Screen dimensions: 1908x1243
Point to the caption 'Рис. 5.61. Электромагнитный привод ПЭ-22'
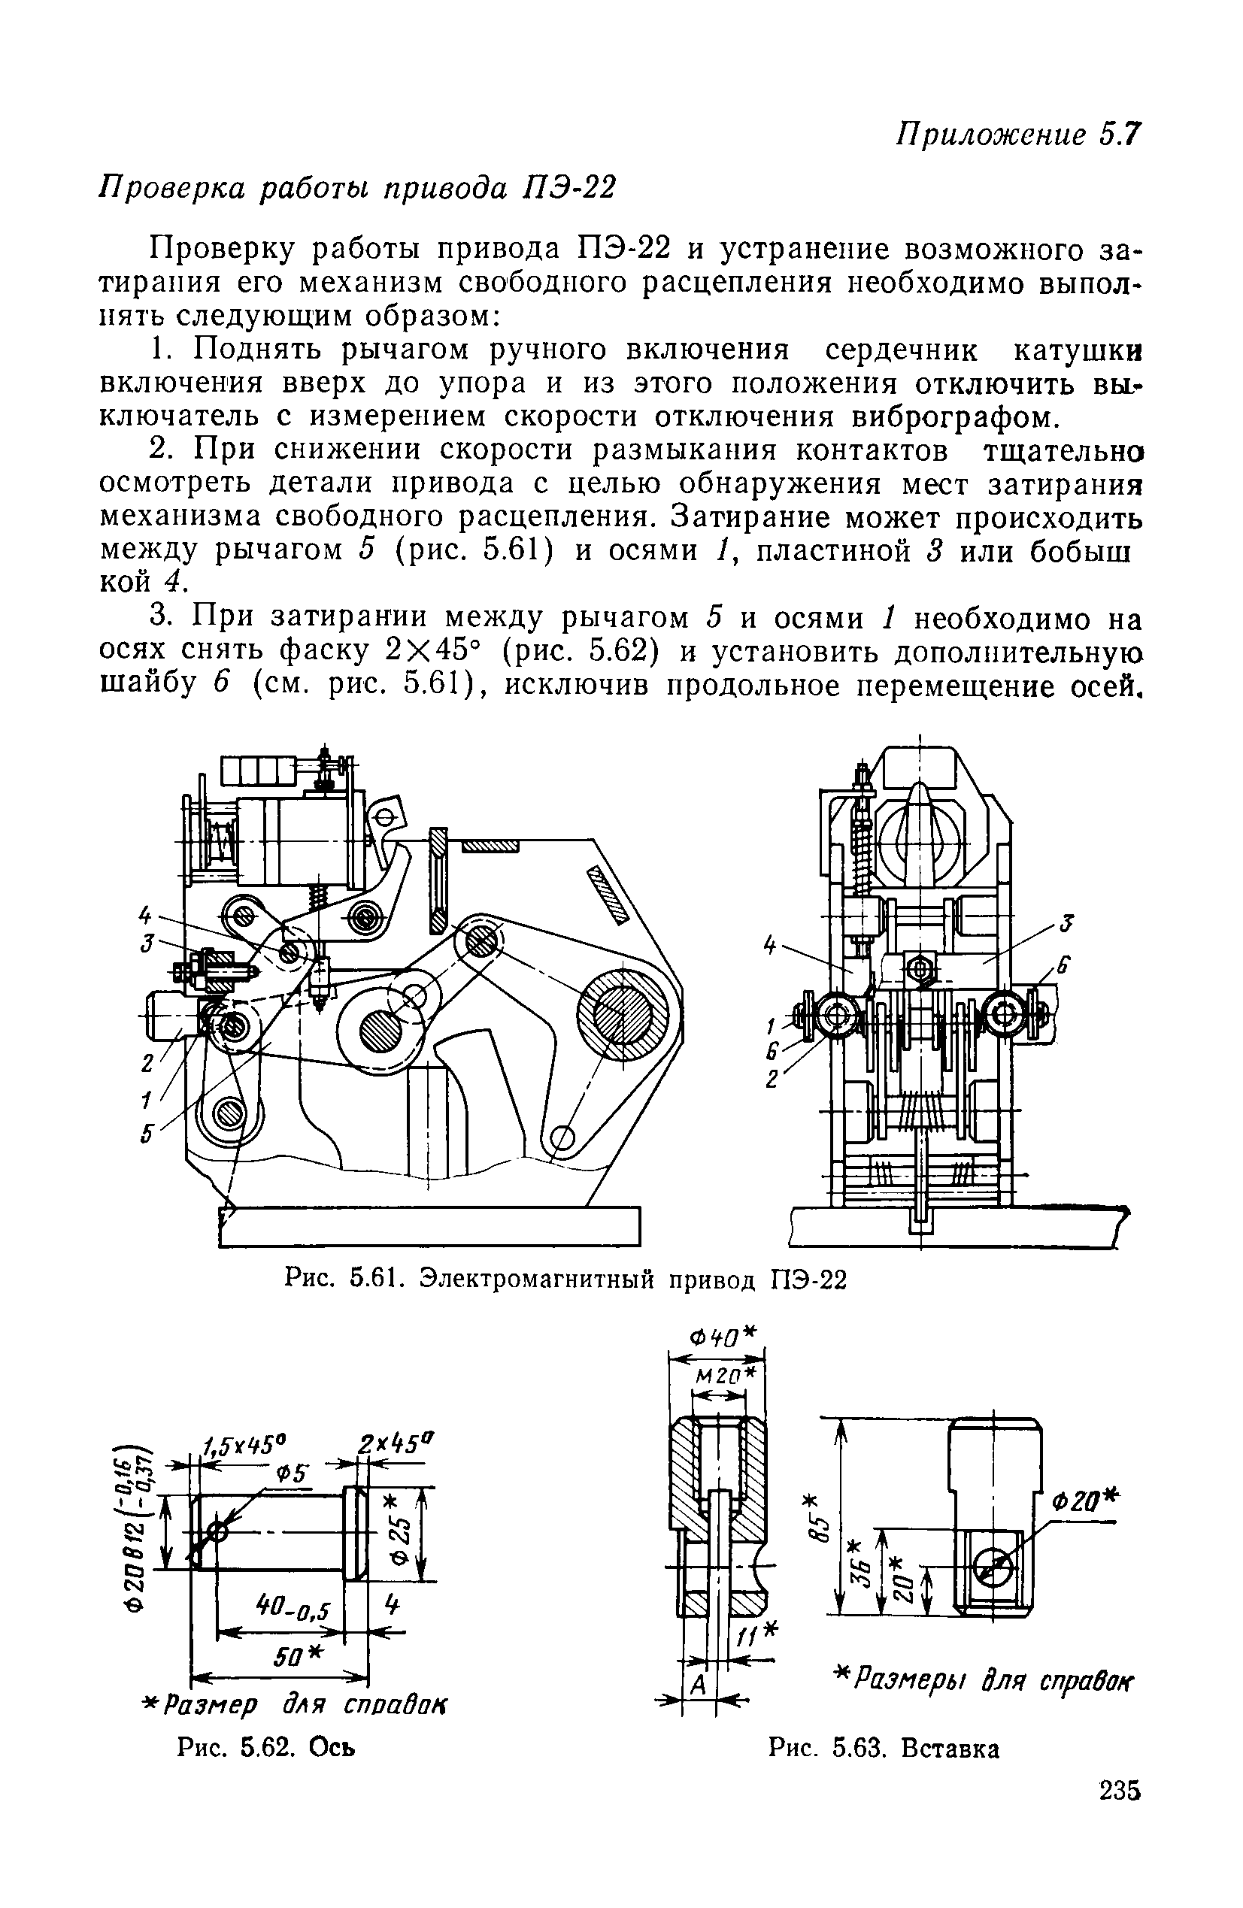565,1280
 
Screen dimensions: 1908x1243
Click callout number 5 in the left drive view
147,1135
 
